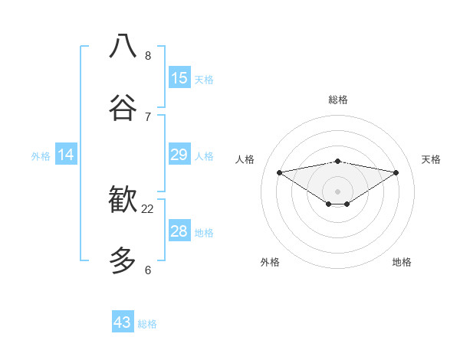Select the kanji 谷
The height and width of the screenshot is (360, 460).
(x=123, y=108)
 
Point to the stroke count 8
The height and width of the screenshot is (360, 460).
(x=148, y=55)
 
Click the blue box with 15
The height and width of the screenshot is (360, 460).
(x=179, y=78)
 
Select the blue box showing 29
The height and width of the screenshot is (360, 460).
(x=179, y=155)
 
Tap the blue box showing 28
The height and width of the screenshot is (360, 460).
(x=179, y=231)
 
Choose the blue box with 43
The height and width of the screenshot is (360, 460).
(x=123, y=322)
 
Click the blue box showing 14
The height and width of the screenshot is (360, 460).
(x=66, y=155)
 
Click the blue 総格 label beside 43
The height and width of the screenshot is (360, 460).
(x=147, y=324)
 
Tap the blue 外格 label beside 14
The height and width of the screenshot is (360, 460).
(x=41, y=156)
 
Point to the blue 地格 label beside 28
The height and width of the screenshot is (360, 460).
(x=204, y=233)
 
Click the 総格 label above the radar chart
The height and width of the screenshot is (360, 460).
(x=338, y=100)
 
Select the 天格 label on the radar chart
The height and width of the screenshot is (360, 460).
(x=431, y=159)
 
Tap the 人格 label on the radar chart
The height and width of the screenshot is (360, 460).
(x=245, y=159)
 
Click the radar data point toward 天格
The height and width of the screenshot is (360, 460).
(x=396, y=172)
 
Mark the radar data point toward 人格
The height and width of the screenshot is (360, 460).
(x=279, y=172)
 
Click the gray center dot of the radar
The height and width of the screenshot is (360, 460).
(x=338, y=191)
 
